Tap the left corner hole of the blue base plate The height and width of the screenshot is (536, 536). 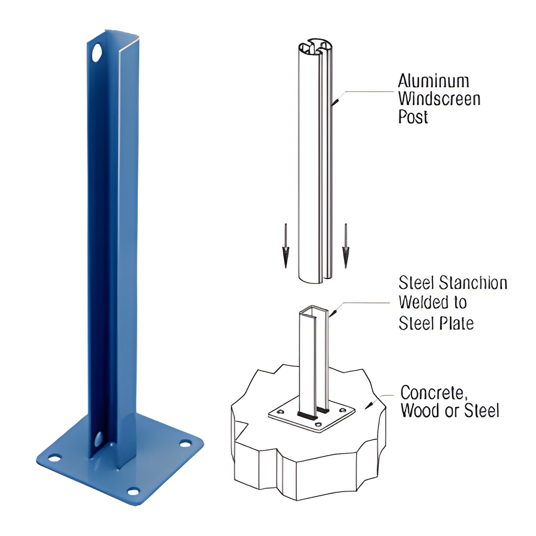55,458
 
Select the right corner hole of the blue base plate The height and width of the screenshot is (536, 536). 186,444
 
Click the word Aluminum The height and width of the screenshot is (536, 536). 433,81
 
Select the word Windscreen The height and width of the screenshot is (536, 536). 439,99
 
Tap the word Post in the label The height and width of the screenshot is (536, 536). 413,117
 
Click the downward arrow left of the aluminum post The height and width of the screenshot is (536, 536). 285,247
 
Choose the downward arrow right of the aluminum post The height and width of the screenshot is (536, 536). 346,247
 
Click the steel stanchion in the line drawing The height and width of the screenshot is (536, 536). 314,356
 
